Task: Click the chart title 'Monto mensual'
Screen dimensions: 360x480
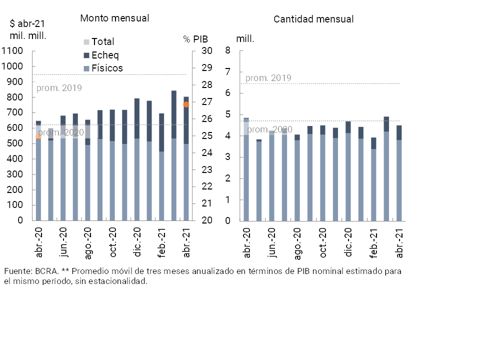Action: tap(114, 18)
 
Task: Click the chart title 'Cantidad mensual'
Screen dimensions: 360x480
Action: tap(313, 19)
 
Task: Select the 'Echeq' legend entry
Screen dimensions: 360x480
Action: tap(105, 55)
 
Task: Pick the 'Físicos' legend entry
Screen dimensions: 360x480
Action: tap(107, 68)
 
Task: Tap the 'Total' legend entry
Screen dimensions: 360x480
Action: tap(102, 42)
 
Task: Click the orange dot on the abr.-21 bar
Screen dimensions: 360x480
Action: tap(186, 104)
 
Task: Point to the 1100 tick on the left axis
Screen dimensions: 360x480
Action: tap(12, 51)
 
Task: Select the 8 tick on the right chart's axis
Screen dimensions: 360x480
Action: tap(227, 50)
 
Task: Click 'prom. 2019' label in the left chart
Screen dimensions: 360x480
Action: tap(59, 88)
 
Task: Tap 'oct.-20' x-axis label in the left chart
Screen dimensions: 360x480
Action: tap(113, 243)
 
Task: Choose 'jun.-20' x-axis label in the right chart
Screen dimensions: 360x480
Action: tap(271, 243)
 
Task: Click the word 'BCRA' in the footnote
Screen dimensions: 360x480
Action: tap(47, 271)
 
